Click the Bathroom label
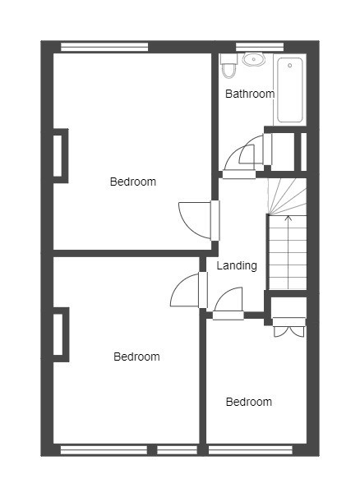point(250,94)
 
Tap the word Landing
point(237,265)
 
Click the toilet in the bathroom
point(228,66)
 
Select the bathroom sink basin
point(254,59)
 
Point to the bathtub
point(290,90)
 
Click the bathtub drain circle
point(290,66)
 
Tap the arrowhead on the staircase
point(288,218)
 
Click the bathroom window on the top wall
point(260,47)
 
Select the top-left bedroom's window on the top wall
point(104,47)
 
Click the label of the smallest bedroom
point(249,402)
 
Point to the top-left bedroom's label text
point(133,182)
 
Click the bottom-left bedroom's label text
point(136,357)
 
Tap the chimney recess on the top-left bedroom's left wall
point(60,155)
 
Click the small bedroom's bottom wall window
point(250,450)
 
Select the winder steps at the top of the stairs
point(288,196)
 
